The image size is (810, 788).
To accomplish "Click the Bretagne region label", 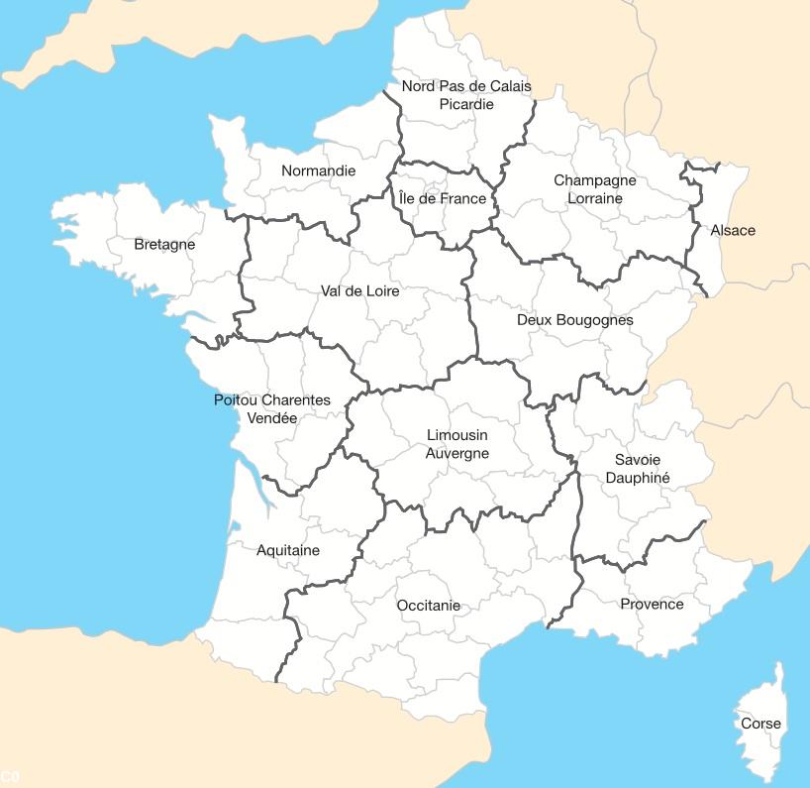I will tap(164, 245).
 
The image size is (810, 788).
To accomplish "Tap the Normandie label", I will tap(318, 171).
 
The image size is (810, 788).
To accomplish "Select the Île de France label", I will tap(443, 199).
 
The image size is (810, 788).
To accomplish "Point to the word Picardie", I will tap(466, 104).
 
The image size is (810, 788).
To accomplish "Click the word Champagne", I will tap(595, 181).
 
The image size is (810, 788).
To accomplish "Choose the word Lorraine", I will tap(595, 198).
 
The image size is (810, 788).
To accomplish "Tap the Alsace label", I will tap(733, 231).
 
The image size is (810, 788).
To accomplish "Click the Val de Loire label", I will tap(360, 291).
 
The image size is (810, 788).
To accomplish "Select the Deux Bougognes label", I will tap(575, 320).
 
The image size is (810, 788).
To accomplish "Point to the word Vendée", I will tap(271, 418).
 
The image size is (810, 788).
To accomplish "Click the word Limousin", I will tap(457, 435).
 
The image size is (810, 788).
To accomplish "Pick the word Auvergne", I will tap(457, 453).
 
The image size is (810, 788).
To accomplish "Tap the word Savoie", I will tap(638, 460).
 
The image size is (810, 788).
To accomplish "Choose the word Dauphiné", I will tap(638, 478).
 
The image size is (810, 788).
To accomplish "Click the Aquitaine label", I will tap(288, 551).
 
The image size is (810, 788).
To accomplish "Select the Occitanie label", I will tap(429, 606).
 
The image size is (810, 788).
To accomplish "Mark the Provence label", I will tap(652, 605).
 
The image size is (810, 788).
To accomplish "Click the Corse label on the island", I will tap(760, 724).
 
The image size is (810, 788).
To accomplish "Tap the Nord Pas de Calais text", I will tap(466, 86).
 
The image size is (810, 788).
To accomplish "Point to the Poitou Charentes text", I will tap(272, 400).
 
